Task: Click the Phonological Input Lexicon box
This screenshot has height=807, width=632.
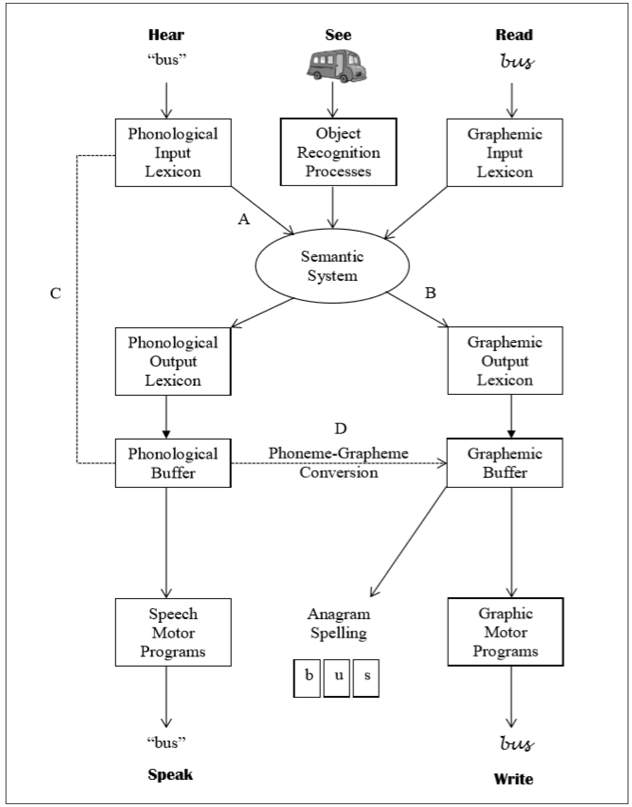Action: [173, 153]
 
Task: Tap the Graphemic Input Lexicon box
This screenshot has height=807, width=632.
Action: [505, 153]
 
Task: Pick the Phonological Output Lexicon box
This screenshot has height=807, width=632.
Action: [173, 361]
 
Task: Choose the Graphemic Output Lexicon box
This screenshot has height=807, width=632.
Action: [505, 361]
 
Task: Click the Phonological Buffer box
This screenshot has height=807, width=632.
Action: [173, 463]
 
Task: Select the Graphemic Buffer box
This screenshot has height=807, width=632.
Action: [505, 463]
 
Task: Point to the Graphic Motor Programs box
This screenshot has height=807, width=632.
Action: [505, 632]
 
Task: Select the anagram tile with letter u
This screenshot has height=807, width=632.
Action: [337, 678]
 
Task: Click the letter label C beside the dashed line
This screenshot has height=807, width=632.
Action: [56, 293]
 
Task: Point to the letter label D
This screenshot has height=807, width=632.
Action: [340, 429]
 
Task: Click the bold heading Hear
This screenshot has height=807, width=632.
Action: [166, 35]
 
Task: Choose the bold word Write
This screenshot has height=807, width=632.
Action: [514, 779]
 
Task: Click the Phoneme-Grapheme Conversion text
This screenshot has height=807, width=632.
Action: [339, 463]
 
